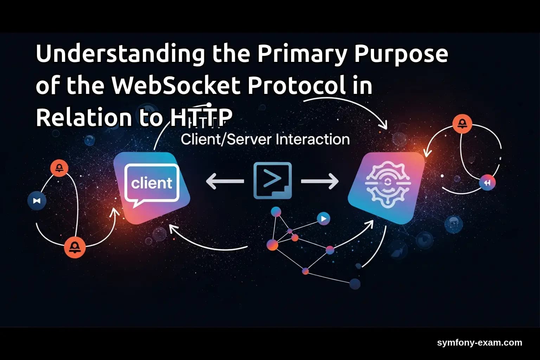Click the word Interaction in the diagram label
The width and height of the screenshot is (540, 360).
(x=313, y=140)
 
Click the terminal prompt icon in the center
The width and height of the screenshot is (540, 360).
(x=272, y=180)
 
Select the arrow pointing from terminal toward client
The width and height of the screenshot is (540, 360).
(x=225, y=181)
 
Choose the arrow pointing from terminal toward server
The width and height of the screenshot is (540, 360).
(x=320, y=181)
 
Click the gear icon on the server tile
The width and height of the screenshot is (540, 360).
(x=387, y=184)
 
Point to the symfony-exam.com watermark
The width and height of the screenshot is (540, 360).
(x=480, y=342)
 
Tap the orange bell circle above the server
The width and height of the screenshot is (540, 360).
(x=462, y=124)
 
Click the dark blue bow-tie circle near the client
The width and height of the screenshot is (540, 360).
(x=37, y=201)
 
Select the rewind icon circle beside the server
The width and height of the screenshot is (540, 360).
(x=487, y=183)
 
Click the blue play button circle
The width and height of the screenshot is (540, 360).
(x=323, y=219)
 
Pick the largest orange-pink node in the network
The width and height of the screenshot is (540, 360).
(x=272, y=245)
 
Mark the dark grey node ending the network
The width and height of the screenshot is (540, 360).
(x=355, y=283)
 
